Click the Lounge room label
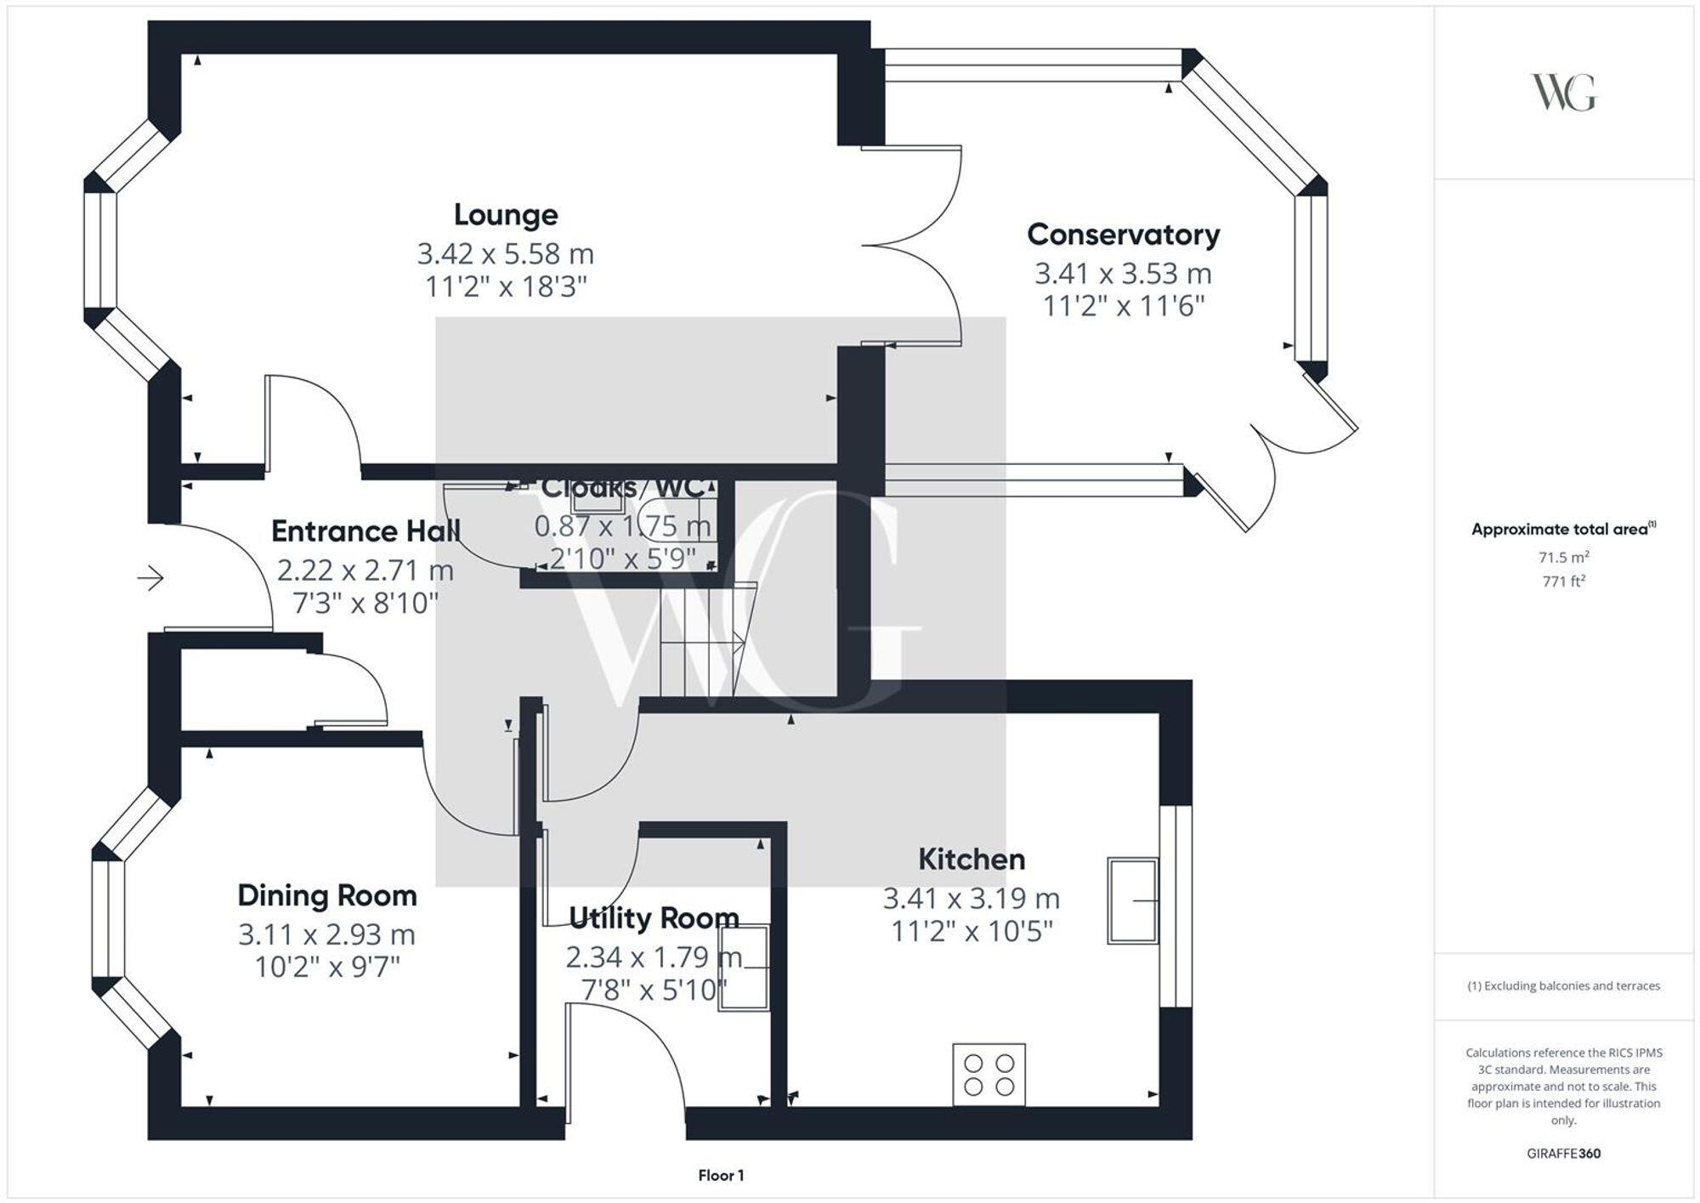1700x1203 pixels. [506, 215]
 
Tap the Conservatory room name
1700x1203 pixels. [1123, 235]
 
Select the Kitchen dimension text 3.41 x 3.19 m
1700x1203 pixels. [971, 898]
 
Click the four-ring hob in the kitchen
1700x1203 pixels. [989, 1075]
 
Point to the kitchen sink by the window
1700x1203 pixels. [1132, 900]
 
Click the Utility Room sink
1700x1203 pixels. [745, 968]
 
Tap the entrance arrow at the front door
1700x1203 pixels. [150, 579]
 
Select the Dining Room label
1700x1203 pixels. [327, 895]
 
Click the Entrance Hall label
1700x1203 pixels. [365, 531]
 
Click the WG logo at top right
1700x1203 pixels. [1563, 93]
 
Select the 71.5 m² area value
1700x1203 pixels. [1563, 558]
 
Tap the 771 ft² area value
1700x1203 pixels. [1563, 582]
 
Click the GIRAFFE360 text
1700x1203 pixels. [1563, 1154]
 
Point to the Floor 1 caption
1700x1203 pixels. [721, 1176]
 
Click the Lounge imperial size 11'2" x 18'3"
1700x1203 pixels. [506, 287]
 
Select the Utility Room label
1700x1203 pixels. [653, 918]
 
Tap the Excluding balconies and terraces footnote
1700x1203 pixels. [1563, 986]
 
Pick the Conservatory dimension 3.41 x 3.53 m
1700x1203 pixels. [1123, 274]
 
